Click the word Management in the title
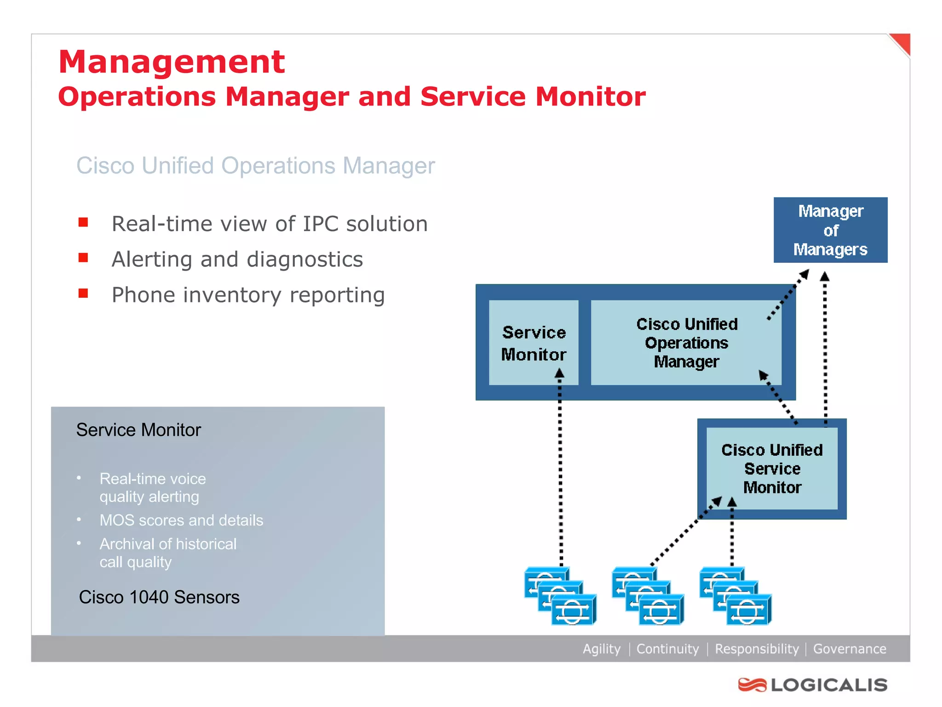coord(172,62)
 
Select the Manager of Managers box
coord(830,230)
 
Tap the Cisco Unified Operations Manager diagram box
coord(686,343)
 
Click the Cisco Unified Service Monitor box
coord(772,469)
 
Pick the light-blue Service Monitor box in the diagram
coord(534,343)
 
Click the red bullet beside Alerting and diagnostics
coord(83,258)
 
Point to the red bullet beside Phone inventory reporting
coord(83,294)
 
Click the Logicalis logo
coord(812,685)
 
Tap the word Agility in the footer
coord(601,649)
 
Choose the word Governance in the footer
coord(850,649)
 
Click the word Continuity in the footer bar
coord(667,649)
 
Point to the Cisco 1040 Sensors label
coord(159,597)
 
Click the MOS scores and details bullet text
coord(181,521)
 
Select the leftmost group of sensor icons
coord(560,596)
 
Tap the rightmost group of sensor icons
coord(735,596)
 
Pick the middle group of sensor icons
coord(648,596)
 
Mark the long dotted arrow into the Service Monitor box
coord(560,469)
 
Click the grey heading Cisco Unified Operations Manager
coord(255,166)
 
